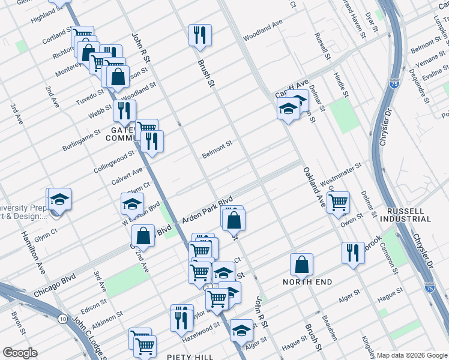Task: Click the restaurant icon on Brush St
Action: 199,35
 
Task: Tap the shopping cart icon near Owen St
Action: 338,202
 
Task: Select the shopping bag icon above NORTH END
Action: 301,264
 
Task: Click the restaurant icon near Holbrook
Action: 352,252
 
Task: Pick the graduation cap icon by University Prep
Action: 59,199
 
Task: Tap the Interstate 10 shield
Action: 63,318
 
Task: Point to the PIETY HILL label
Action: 190,357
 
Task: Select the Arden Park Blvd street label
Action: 208,211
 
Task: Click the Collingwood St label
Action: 114,162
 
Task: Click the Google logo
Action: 20,352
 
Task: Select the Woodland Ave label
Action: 262,31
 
